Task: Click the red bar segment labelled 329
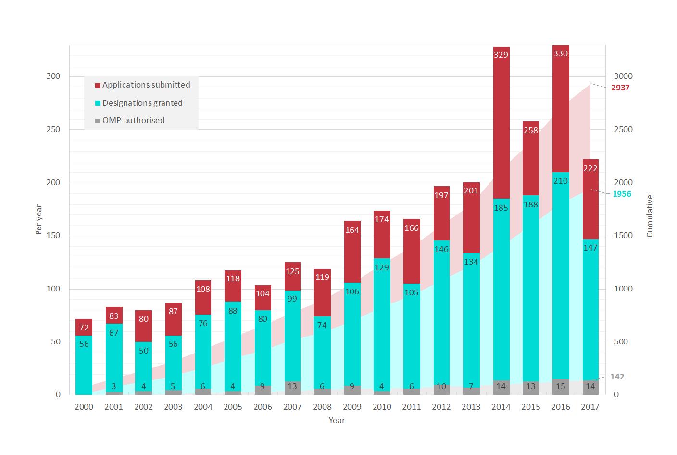coord(501,123)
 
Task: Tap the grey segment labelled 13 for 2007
coord(292,388)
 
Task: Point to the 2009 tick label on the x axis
coord(352,407)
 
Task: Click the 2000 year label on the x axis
coord(84,407)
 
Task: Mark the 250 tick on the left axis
coord(53,130)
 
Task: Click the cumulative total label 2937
coord(620,88)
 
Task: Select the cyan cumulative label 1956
coord(621,194)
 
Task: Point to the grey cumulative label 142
coord(617,377)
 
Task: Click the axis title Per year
coord(39,220)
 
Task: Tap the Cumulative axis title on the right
coord(650,216)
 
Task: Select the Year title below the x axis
coord(337,420)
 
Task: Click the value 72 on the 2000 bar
coord(84,328)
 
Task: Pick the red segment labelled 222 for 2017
coord(590,199)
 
